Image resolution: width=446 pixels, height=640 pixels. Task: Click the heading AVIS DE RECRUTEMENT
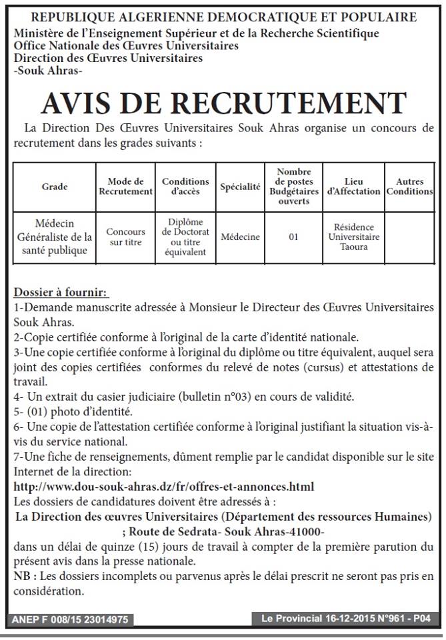(223, 103)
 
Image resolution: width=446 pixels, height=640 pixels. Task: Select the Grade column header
(55, 187)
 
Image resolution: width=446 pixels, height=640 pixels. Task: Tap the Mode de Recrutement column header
(125, 187)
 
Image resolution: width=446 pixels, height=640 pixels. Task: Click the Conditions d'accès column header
(185, 187)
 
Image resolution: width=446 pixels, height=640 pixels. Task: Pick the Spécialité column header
(240, 187)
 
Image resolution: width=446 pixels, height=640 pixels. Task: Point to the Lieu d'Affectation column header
(354, 187)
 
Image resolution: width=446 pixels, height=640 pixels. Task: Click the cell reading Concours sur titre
(125, 237)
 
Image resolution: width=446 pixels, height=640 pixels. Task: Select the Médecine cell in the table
(240, 237)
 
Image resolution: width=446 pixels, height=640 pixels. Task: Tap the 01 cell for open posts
(293, 237)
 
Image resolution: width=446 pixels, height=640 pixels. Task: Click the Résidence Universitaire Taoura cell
(354, 237)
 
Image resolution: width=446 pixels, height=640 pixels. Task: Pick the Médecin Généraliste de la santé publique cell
(55, 237)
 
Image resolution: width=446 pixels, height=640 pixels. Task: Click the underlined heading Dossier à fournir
(61, 293)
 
